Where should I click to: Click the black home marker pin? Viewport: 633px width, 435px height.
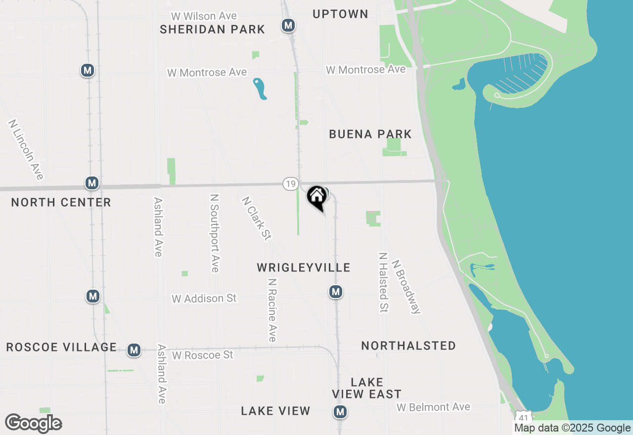tap(317, 197)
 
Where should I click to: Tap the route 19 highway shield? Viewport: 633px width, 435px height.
tap(291, 184)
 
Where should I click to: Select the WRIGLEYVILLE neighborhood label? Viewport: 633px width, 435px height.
tap(304, 268)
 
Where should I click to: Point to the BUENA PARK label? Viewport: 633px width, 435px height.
tap(370, 134)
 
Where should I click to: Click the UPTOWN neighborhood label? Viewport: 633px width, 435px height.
tap(340, 14)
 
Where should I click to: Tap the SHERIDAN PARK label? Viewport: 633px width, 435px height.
tap(213, 29)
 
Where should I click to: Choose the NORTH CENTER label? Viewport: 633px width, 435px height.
tap(61, 202)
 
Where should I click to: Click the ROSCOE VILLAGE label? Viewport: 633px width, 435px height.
tap(61, 347)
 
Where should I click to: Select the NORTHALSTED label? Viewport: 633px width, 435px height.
tap(408, 346)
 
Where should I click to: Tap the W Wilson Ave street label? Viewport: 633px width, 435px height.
tap(204, 16)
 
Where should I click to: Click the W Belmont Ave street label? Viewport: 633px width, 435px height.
tap(433, 407)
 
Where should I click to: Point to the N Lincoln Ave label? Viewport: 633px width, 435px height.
tap(26, 149)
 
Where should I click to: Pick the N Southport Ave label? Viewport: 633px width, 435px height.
tap(215, 232)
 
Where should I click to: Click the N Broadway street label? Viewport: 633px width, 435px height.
tap(407, 287)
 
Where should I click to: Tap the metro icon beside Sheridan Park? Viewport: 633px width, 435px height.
tap(288, 25)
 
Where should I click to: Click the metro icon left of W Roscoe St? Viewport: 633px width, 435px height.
tap(134, 350)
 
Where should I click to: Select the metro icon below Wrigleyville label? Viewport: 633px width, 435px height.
tap(336, 292)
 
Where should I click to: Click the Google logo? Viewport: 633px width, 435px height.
tap(34, 424)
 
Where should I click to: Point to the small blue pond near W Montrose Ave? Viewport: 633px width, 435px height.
tap(260, 88)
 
